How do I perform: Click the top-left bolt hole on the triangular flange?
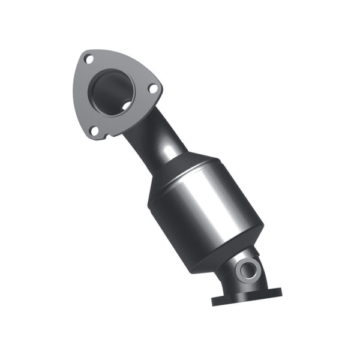coord(89,59)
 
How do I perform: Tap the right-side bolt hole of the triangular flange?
coord(153,88)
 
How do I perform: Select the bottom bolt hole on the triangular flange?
coord(94,130)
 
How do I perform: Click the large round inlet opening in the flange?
coord(112,92)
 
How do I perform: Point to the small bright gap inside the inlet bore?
coord(127,105)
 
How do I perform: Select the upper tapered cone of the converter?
coord(183,171)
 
